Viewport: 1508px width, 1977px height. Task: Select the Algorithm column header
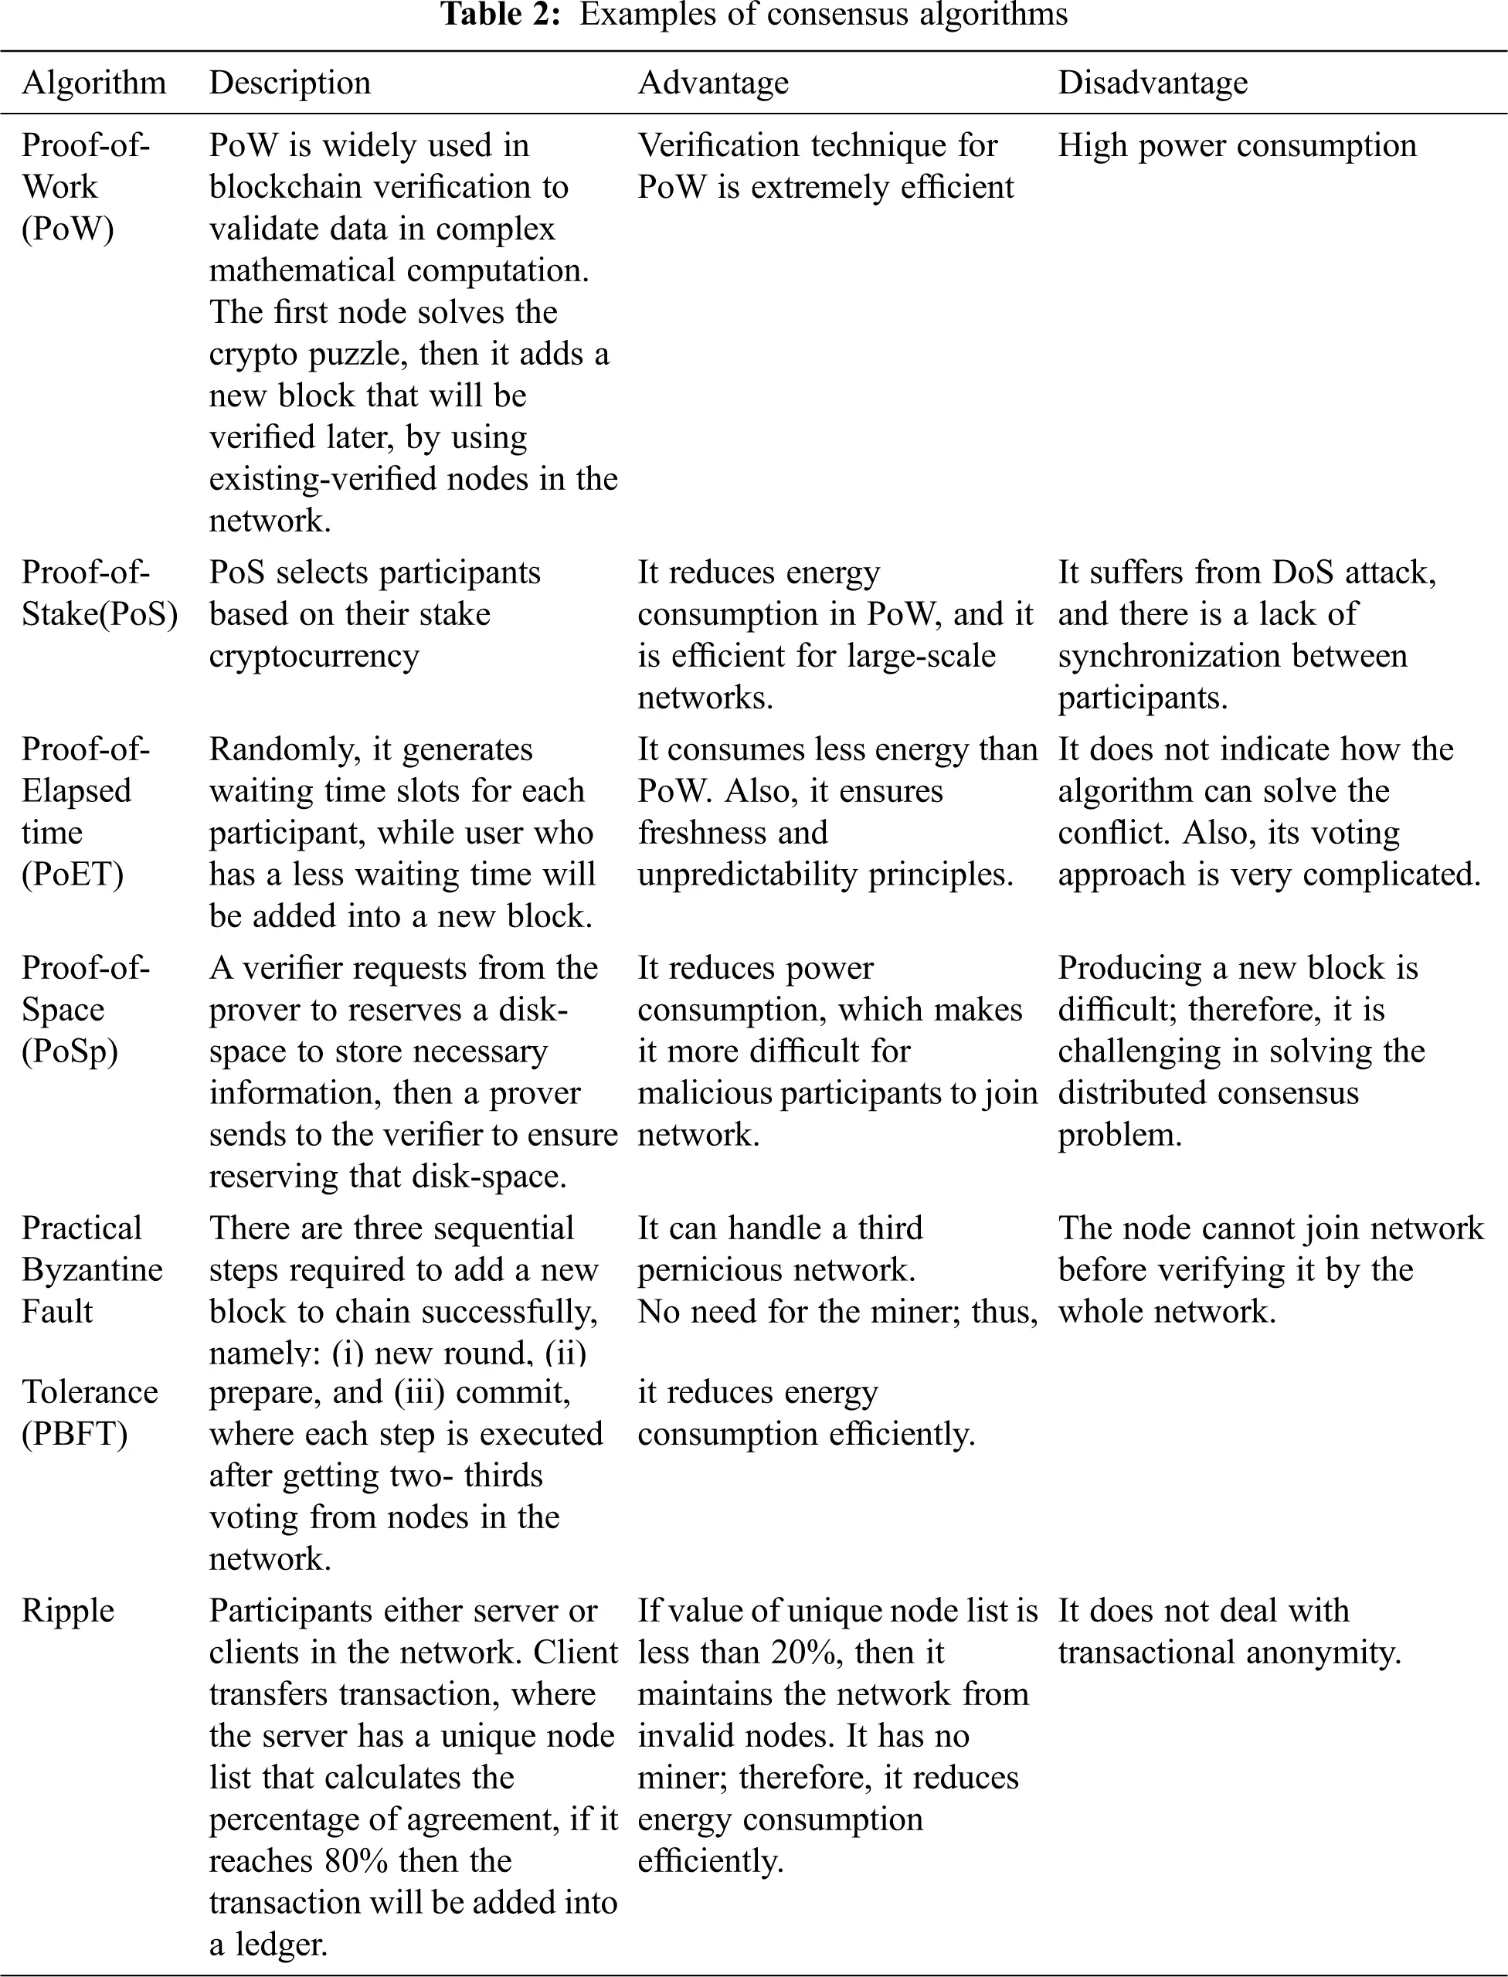click(x=94, y=83)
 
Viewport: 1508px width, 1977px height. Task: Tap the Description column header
click(x=290, y=83)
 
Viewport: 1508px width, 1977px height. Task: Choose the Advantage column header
click(x=713, y=83)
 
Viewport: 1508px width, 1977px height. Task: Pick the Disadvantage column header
click(x=1153, y=83)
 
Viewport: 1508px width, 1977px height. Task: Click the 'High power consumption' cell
click(x=1237, y=145)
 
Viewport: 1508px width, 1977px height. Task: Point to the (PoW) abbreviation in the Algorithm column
click(x=68, y=229)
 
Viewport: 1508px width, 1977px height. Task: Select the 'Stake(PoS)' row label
click(x=100, y=615)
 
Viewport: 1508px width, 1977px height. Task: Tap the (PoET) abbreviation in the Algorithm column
click(x=73, y=874)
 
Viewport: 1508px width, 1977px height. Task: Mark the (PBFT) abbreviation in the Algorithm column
click(x=74, y=1433)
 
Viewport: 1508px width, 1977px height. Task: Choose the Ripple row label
click(x=68, y=1611)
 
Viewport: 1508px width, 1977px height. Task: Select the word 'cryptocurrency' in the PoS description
click(x=314, y=656)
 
